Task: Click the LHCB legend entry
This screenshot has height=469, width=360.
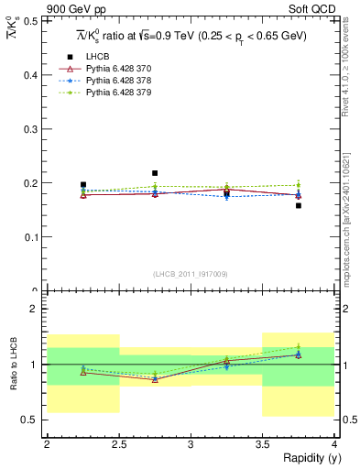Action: (94, 58)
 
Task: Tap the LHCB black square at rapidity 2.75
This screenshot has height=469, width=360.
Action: (155, 172)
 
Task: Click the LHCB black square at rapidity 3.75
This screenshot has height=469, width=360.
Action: (299, 205)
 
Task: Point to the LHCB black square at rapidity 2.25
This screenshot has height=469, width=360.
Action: (83, 184)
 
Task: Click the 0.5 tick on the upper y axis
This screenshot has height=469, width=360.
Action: (37, 20)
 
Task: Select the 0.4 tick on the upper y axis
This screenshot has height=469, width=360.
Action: (37, 74)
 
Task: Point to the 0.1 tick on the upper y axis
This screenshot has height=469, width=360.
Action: (37, 236)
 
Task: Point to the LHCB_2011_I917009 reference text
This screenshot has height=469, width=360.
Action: (191, 274)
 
